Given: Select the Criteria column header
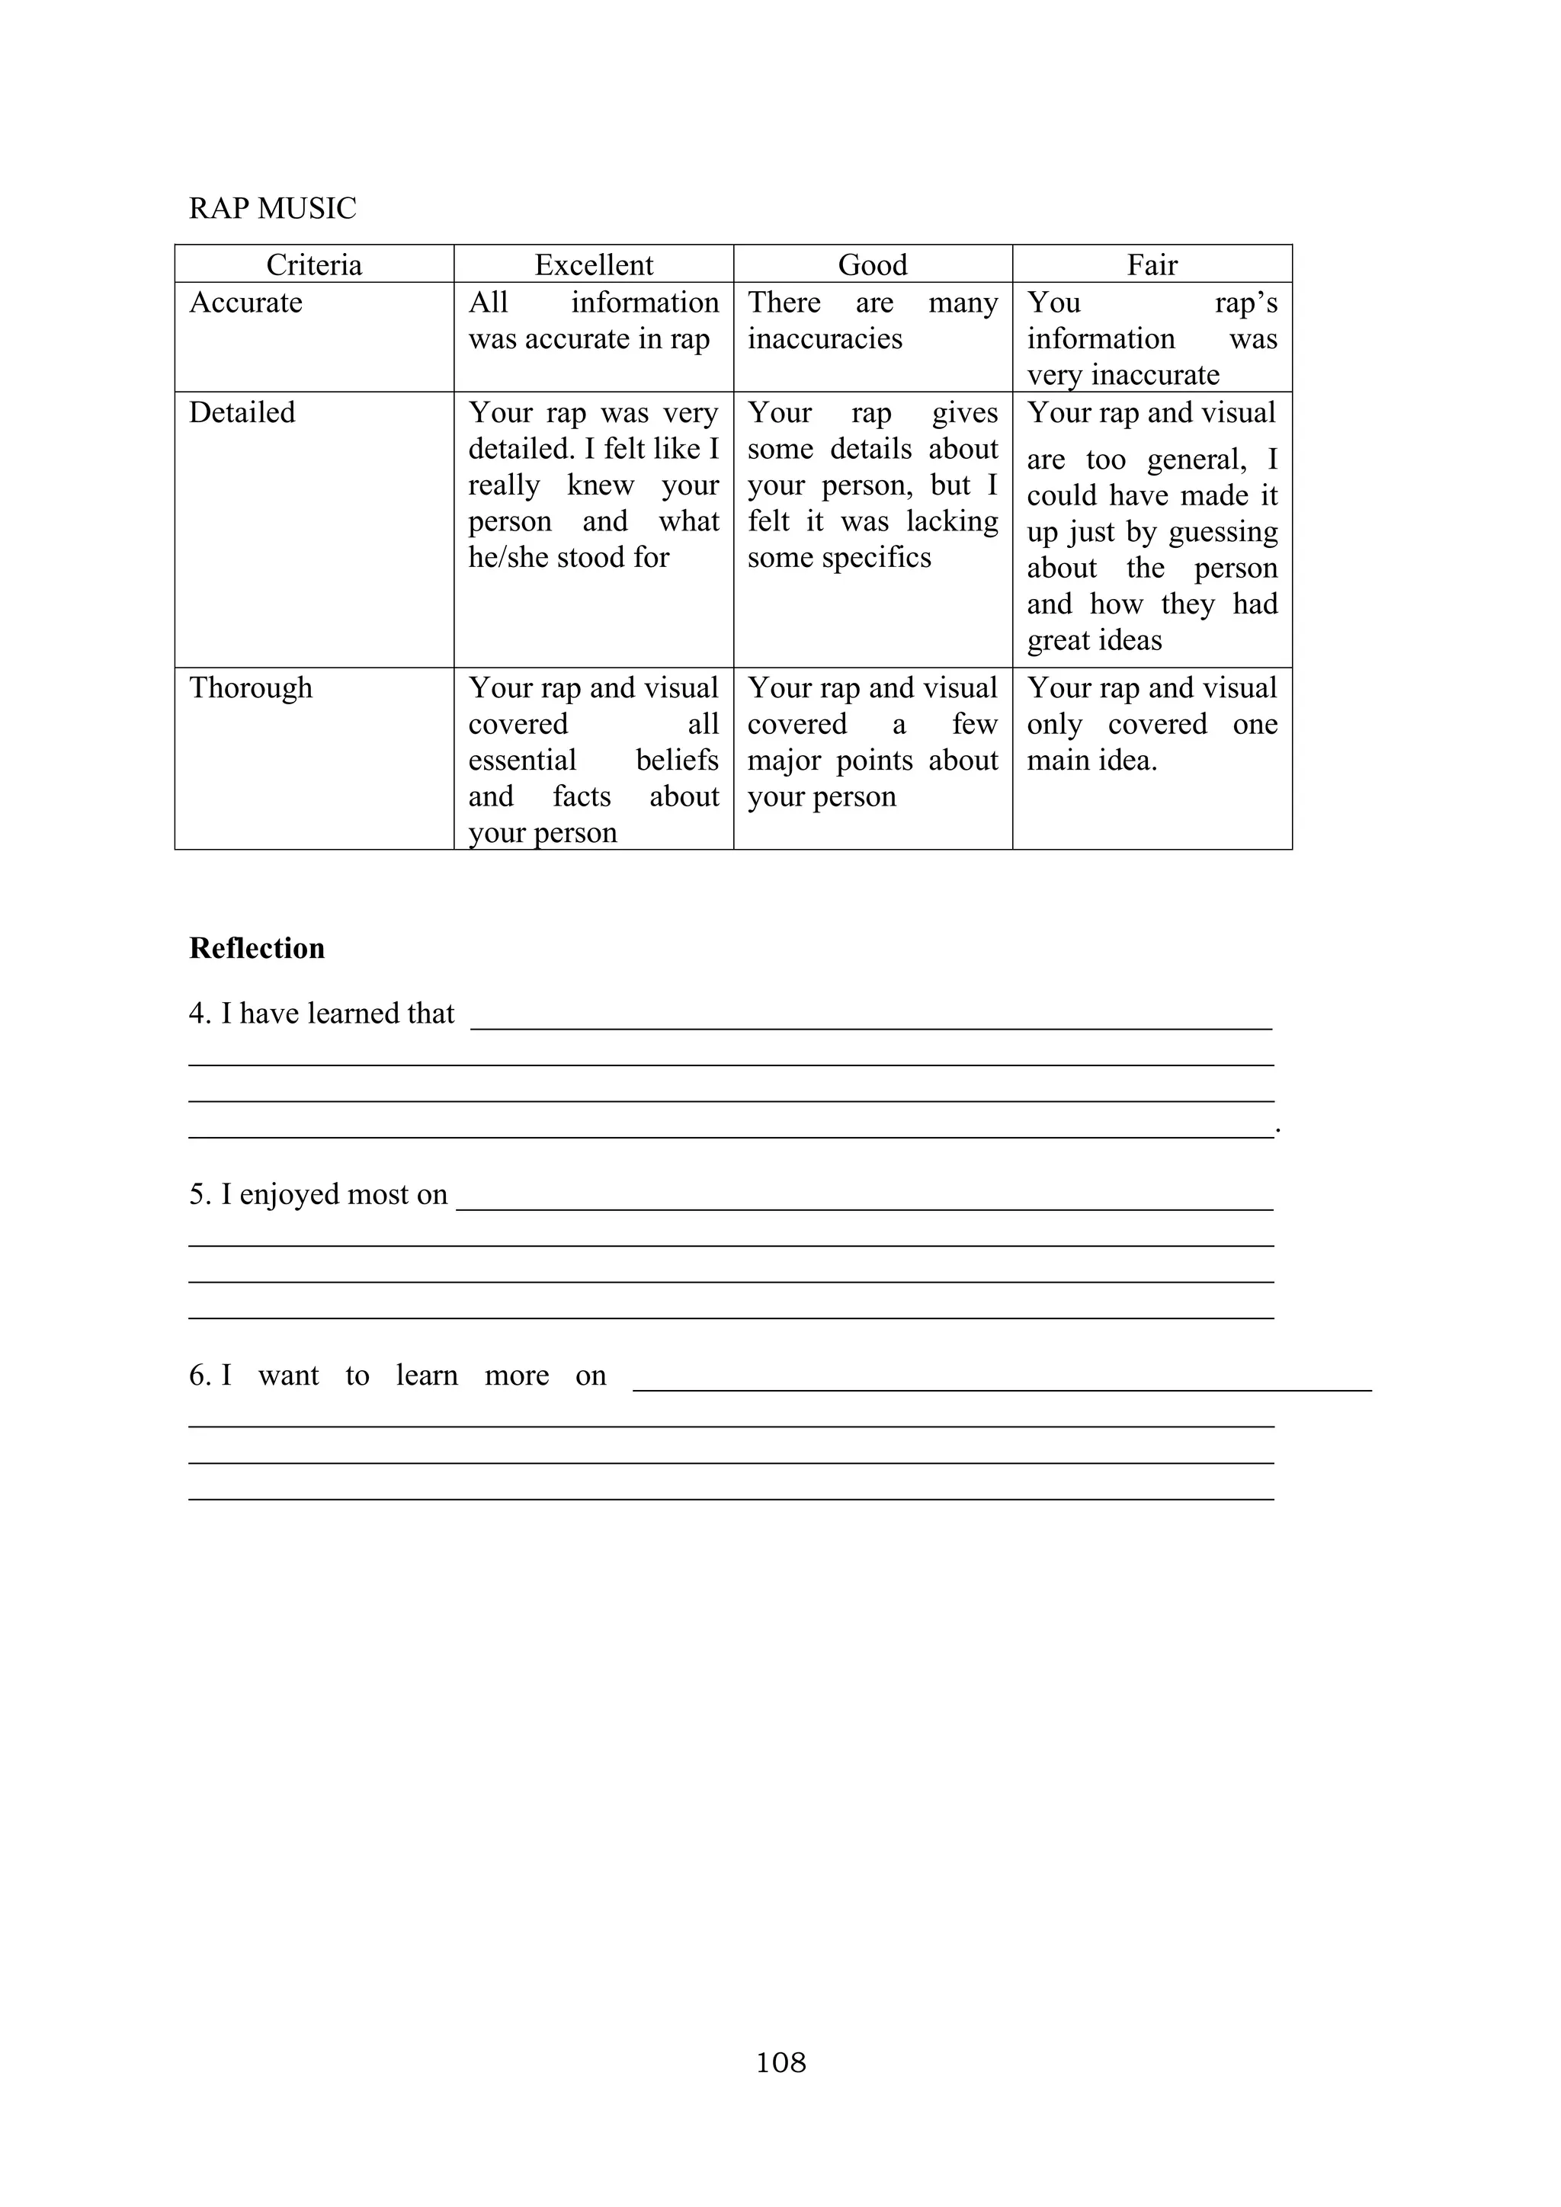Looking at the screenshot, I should [313, 264].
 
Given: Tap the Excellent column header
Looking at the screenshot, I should [593, 264].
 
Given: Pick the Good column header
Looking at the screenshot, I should [872, 264].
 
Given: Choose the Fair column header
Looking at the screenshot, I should [1152, 264].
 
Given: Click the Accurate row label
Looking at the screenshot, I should [245, 302].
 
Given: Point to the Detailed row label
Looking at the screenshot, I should [242, 412].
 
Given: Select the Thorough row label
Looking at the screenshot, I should [250, 688].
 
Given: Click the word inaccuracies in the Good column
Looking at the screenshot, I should [825, 338].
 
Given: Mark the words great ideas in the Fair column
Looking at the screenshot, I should [1094, 640].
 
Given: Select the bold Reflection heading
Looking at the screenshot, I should [257, 948].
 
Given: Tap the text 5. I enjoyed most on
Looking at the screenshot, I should [318, 1194].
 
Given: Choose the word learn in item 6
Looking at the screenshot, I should [427, 1376].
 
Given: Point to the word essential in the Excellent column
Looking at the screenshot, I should [522, 761].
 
